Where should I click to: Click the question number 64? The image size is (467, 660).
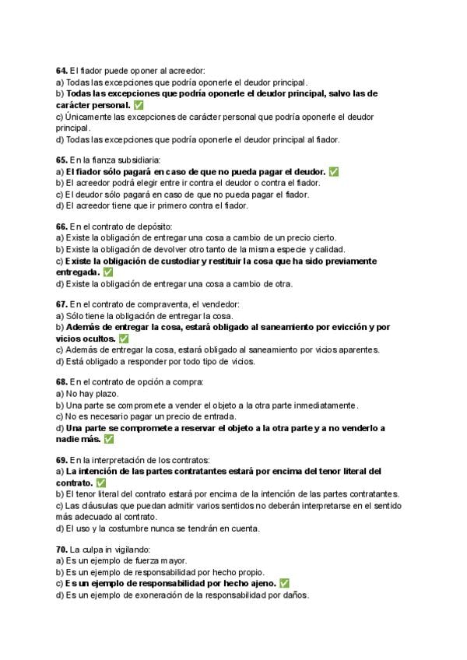tap(61, 71)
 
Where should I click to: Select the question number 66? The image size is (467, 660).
tap(61, 226)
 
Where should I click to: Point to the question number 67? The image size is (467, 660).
tap(61, 304)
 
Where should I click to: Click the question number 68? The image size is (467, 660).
tap(61, 382)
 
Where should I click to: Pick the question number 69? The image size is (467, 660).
tap(61, 460)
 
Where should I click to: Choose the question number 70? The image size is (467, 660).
tap(61, 549)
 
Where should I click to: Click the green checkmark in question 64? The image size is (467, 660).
tap(139, 104)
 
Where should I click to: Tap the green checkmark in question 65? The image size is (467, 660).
tap(333, 171)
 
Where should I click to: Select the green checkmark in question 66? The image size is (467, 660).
tap(107, 272)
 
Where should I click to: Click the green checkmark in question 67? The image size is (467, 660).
tap(124, 339)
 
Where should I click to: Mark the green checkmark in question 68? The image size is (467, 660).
tap(108, 439)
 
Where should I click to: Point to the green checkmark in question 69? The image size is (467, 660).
tap(100, 483)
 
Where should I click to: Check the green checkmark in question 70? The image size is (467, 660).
tap(284, 583)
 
